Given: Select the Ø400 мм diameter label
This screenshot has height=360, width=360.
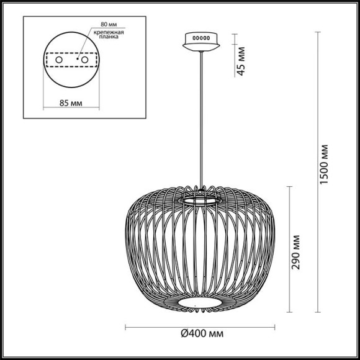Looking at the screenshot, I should pos(202,333).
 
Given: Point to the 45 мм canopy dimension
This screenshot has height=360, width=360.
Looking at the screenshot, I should pos(241,60).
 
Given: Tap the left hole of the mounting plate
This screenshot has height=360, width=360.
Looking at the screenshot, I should pos(60,60).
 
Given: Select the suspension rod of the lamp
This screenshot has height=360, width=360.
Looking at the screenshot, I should pos(201,118).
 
